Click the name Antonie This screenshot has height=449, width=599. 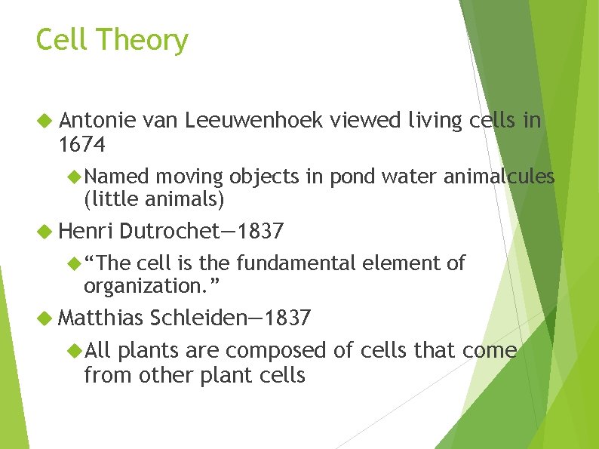(x=97, y=119)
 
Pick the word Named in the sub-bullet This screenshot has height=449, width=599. (x=117, y=177)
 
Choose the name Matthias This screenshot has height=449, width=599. (x=100, y=318)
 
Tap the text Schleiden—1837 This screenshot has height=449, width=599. (x=230, y=318)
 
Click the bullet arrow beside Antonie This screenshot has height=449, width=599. (x=45, y=120)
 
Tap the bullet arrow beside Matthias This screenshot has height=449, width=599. (x=45, y=318)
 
